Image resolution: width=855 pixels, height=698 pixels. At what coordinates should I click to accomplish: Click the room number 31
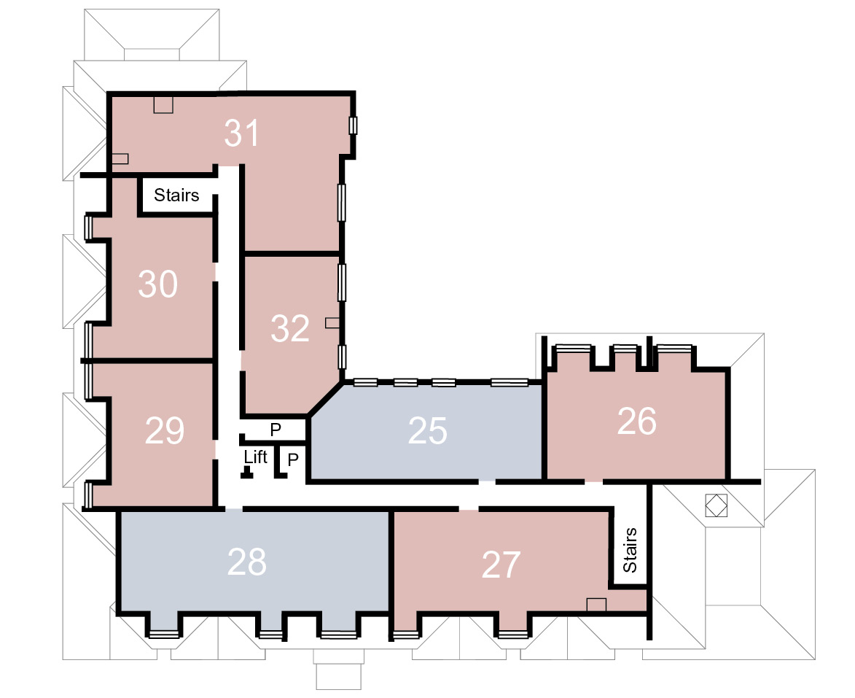click(241, 133)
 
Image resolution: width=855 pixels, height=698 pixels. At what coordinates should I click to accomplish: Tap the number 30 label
click(158, 284)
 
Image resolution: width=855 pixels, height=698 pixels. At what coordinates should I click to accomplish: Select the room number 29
click(165, 430)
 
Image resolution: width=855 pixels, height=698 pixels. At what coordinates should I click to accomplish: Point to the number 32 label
click(290, 328)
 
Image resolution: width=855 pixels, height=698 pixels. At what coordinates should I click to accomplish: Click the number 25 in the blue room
click(427, 430)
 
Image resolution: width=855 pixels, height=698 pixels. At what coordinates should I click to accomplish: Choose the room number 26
click(636, 422)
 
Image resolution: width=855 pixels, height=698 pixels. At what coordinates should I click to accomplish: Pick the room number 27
click(501, 565)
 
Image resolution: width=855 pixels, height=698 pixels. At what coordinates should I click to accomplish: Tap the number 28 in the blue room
click(246, 562)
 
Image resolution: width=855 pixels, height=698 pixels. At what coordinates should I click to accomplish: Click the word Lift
click(255, 457)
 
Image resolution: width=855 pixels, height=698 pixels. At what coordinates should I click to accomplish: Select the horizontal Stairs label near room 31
click(176, 195)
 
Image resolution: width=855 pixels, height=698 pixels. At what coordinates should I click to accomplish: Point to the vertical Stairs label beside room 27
click(630, 550)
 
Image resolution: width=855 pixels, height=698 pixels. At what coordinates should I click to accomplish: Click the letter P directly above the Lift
click(276, 430)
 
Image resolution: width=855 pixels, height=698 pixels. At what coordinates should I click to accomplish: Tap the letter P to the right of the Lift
click(293, 459)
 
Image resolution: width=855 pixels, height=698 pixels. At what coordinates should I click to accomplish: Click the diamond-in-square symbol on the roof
click(716, 505)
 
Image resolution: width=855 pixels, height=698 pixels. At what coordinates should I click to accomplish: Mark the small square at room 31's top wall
click(163, 105)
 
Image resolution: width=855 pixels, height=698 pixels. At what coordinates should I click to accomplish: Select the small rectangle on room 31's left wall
click(120, 159)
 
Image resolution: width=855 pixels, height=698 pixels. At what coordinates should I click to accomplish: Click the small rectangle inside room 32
click(332, 322)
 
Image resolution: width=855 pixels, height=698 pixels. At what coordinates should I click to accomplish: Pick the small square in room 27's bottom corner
click(596, 605)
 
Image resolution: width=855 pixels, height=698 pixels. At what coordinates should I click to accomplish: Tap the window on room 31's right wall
click(353, 125)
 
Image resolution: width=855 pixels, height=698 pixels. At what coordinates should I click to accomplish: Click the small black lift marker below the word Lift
click(247, 473)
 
